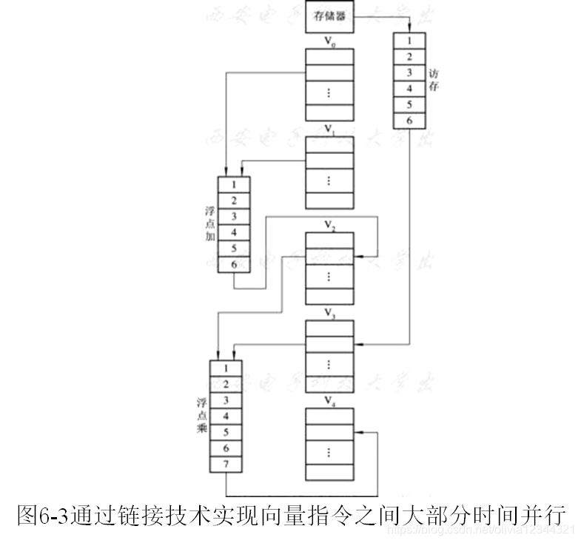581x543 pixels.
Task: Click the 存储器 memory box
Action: (329, 17)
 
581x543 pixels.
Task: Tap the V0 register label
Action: (330, 41)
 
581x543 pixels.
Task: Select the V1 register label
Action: (330, 129)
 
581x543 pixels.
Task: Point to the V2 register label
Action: (330, 225)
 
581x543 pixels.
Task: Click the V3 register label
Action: (330, 313)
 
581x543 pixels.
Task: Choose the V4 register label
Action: (330, 400)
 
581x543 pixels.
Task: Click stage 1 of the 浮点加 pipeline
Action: (233, 185)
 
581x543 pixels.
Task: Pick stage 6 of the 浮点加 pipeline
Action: (233, 264)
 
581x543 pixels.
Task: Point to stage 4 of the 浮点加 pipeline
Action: (233, 232)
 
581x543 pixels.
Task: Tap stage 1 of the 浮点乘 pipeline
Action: (226, 368)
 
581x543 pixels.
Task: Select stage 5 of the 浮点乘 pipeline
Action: (226, 432)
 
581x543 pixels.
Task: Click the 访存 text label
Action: (434, 81)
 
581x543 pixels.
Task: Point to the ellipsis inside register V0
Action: (330, 93)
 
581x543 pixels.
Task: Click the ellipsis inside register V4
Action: (330, 452)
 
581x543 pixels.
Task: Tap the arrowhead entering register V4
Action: (358, 433)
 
